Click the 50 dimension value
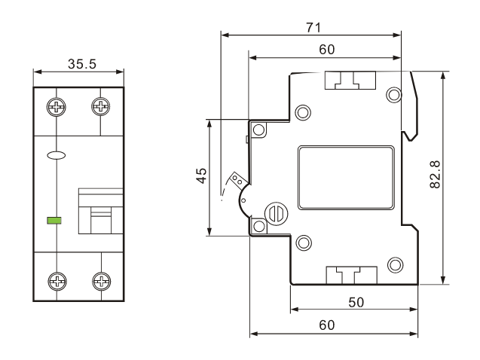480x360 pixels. [356, 301]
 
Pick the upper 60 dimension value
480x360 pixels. [327, 50]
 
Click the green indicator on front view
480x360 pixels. [54, 221]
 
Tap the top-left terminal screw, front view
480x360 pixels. [56, 106]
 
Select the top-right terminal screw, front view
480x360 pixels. [100, 106]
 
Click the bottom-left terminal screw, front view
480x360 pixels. [56, 282]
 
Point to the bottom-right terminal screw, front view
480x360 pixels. [100, 282]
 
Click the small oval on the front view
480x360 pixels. [56, 156]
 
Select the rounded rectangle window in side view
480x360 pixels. [345, 177]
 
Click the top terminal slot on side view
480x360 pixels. [349, 80]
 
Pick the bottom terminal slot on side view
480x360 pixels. [349, 276]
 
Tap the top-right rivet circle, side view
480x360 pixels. [393, 94]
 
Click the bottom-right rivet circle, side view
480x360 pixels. [393, 264]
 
